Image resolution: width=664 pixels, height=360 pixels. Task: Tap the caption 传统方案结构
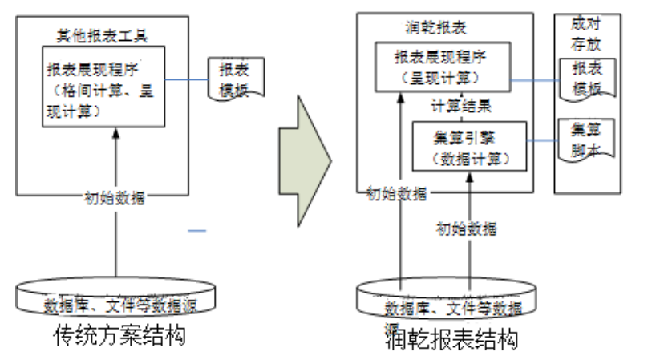(119, 334)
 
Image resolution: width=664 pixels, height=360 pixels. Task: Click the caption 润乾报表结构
(450, 339)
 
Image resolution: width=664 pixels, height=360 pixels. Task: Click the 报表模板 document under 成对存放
(587, 79)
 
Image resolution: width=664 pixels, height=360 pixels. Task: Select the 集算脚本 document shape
(587, 139)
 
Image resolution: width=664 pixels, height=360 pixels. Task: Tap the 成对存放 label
(587, 34)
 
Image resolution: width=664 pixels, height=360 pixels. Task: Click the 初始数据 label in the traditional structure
(115, 197)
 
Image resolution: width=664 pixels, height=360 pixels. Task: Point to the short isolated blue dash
(197, 232)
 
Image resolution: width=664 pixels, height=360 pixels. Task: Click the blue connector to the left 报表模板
(186, 79)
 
